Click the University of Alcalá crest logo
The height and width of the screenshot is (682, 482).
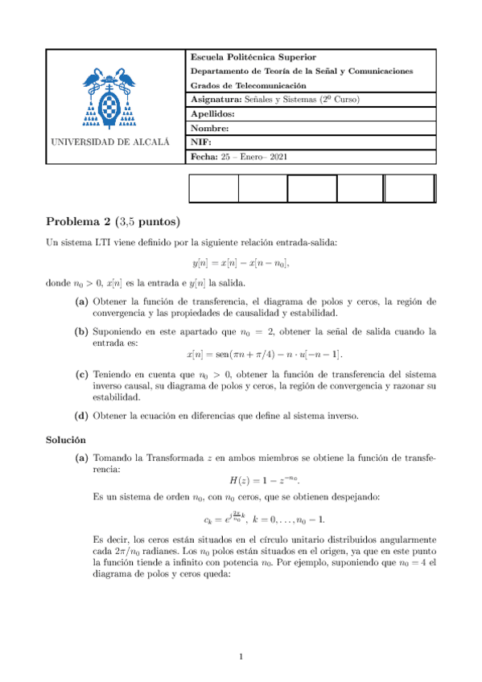[110, 98]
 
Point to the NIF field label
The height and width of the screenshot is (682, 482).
[201, 142]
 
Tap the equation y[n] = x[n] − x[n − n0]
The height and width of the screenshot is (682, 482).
[241, 263]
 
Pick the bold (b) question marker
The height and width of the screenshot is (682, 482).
[82, 331]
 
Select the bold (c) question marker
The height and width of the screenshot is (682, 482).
[82, 374]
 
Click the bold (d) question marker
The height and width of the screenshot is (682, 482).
[82, 415]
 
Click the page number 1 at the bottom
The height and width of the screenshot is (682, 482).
[241, 658]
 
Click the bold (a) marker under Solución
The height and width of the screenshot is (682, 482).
[82, 458]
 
